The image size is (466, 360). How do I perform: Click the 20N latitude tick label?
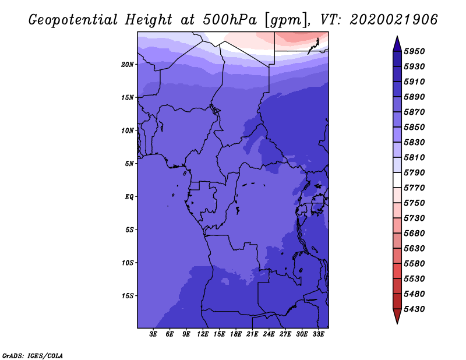[128, 65]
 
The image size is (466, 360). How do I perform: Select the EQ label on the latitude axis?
[129, 197]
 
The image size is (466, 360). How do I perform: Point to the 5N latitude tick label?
[129, 164]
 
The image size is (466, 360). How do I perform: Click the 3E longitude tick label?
[153, 334]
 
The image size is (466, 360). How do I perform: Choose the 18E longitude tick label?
[236, 334]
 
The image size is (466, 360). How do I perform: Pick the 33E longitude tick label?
[318, 334]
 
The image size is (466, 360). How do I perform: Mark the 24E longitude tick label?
[269, 334]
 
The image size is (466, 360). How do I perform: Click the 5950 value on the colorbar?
[414, 51]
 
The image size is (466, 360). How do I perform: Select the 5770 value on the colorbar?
[414, 188]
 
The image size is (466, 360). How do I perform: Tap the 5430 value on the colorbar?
[414, 309]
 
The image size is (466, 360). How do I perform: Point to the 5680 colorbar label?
[414, 234]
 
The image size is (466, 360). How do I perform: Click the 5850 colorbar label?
[414, 127]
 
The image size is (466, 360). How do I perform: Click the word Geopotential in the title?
[73, 20]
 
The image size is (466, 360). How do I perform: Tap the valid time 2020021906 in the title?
[394, 20]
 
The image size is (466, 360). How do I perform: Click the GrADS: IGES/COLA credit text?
[33, 356]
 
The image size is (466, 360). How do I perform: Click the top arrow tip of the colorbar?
[397, 36]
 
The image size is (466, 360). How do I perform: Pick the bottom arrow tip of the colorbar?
[397, 323]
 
